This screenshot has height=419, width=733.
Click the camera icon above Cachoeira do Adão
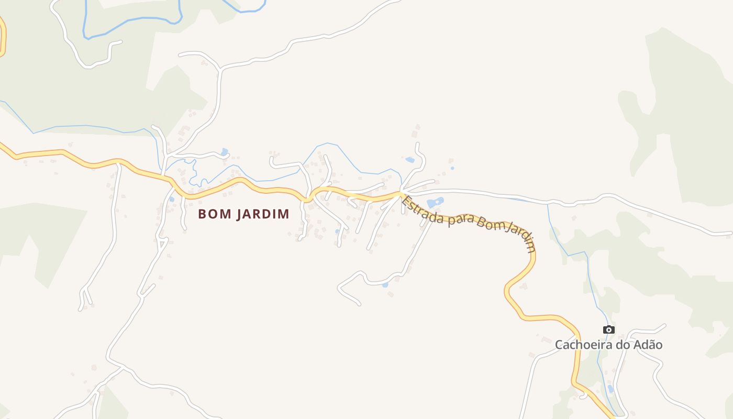pyautogui.click(x=608, y=329)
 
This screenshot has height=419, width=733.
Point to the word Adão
pyautogui.click(x=648, y=345)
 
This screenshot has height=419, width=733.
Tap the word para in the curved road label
pyautogui.click(x=459, y=221)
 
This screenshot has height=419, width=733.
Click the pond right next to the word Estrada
pyautogui.click(x=435, y=202)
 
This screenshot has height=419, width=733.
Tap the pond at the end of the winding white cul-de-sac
pyautogui.click(x=385, y=285)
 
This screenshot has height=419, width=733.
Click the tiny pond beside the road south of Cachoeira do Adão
pyautogui.click(x=610, y=389)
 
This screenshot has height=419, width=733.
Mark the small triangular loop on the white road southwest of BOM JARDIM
pyautogui.click(x=162, y=242)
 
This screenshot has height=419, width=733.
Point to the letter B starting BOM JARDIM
pyautogui.click(x=202, y=214)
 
